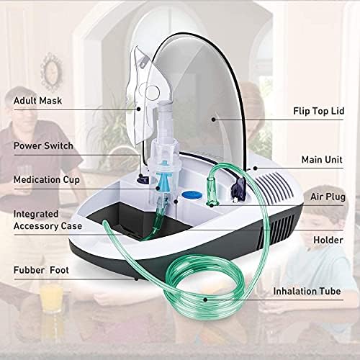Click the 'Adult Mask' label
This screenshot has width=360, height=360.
coord(38,102)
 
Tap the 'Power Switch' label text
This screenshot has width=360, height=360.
coord(43,145)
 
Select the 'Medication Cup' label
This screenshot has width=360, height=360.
coord(47,180)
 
